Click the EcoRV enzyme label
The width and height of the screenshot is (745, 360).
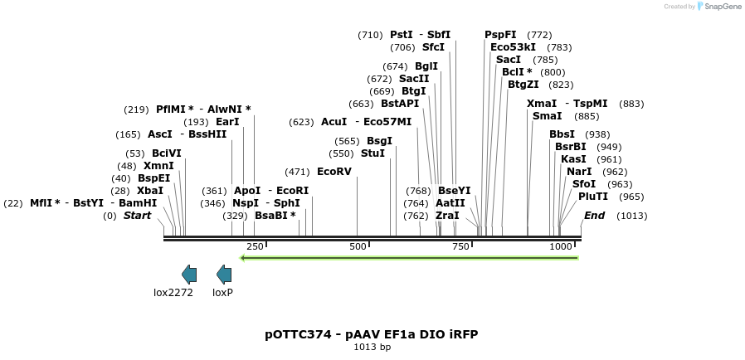[x=334, y=172]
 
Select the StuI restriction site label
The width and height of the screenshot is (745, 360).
[x=373, y=153]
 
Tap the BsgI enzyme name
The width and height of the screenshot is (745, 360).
[x=379, y=141]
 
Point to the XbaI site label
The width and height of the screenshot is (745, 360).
[x=150, y=190]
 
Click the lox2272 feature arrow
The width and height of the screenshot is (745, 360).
[x=189, y=274]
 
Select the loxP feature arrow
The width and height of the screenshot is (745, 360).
[x=224, y=274]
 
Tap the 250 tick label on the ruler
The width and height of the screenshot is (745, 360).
[x=255, y=246]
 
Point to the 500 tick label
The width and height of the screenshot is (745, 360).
[x=358, y=246]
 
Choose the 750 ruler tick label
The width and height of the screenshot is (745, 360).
[x=460, y=246]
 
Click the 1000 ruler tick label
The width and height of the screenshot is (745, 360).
[x=561, y=246]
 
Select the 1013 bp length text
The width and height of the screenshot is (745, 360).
[x=372, y=348]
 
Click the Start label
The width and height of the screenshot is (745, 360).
[x=138, y=216]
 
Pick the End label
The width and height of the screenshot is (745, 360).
[x=594, y=216]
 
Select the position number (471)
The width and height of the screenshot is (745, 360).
[x=297, y=172]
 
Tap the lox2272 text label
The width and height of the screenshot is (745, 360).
[x=173, y=292]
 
